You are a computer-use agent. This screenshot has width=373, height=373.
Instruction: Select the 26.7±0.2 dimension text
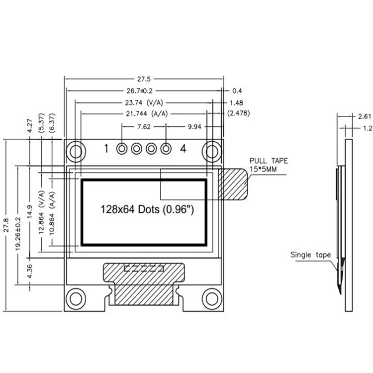143,91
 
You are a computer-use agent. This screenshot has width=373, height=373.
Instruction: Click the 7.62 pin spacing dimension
144,127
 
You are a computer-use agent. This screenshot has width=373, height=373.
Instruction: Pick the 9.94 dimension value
194,127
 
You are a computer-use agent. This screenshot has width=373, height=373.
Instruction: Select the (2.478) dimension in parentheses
238,114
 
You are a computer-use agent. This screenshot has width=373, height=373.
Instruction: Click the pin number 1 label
106,148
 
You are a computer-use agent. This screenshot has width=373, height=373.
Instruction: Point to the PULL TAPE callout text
269,165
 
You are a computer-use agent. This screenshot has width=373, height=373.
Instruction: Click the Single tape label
310,255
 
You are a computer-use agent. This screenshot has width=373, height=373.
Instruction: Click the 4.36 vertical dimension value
31,272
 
